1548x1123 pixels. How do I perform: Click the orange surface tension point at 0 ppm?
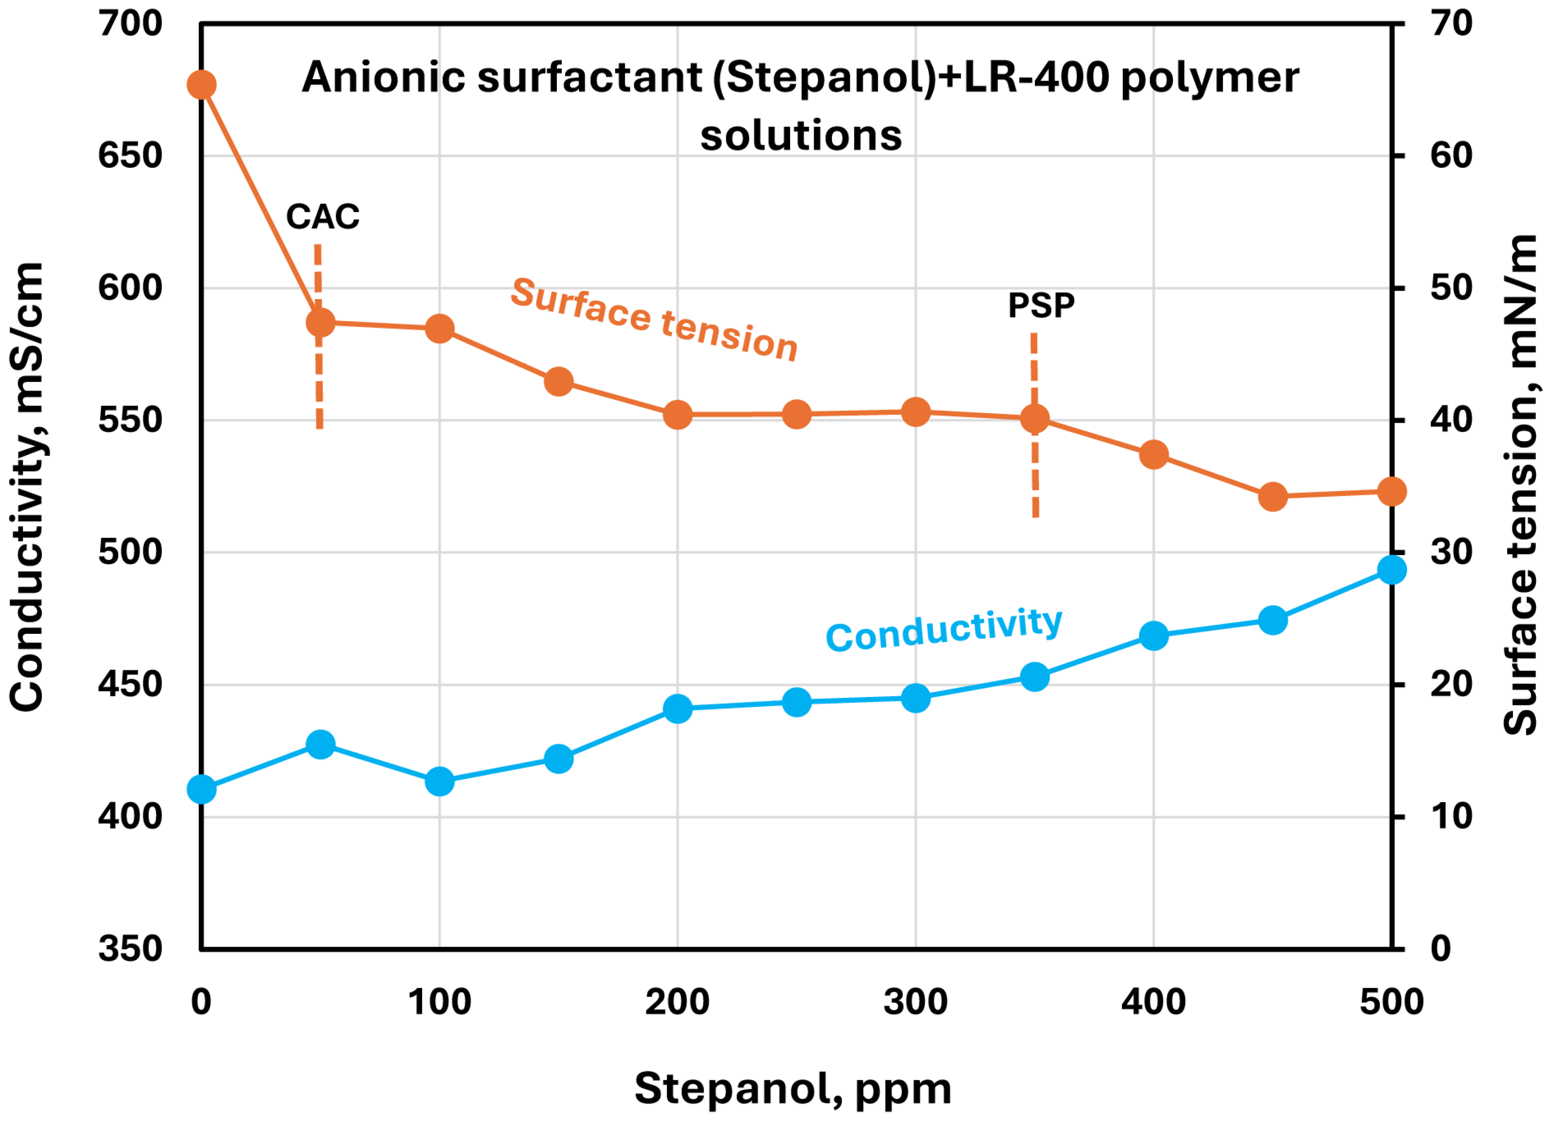click(x=201, y=85)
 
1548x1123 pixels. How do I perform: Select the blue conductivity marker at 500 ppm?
click(x=1392, y=569)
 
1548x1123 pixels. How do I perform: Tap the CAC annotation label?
click(x=322, y=217)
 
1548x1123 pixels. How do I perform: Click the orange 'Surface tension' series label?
click(x=654, y=319)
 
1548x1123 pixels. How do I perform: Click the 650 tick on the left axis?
click(x=130, y=156)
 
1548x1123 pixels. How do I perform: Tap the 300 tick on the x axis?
click(x=915, y=1002)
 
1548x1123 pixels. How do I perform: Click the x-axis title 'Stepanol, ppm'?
click(x=793, y=1088)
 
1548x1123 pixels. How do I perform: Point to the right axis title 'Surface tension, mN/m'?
click(x=1521, y=486)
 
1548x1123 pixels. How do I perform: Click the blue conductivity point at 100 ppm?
click(x=440, y=782)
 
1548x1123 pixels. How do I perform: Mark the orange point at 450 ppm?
click(x=1273, y=497)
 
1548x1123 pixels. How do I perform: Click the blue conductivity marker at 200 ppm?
click(x=678, y=708)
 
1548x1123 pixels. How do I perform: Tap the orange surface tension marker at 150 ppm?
click(x=559, y=381)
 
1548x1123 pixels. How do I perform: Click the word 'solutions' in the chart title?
click(x=801, y=135)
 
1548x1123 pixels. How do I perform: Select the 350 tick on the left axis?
click(x=130, y=949)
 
